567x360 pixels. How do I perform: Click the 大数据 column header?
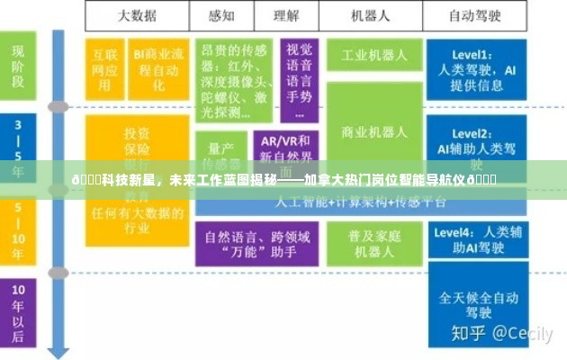pyautogui.click(x=137, y=15)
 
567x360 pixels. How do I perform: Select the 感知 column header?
pyautogui.click(x=220, y=15)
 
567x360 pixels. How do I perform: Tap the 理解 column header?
pyautogui.click(x=286, y=15)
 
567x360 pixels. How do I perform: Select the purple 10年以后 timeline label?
pyautogui.click(x=18, y=306)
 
